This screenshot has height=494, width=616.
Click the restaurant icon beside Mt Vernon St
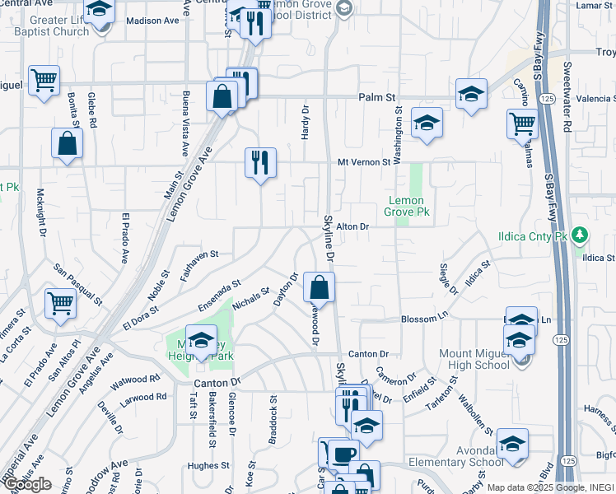[260, 164]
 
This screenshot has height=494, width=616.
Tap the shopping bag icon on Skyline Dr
[319, 288]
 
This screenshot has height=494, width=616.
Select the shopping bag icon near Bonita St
[67, 143]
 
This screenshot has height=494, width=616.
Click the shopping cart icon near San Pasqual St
[60, 303]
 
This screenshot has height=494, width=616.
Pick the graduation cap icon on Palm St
[471, 94]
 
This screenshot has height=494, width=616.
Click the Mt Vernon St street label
[363, 162]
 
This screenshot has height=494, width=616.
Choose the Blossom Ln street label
[423, 318]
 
